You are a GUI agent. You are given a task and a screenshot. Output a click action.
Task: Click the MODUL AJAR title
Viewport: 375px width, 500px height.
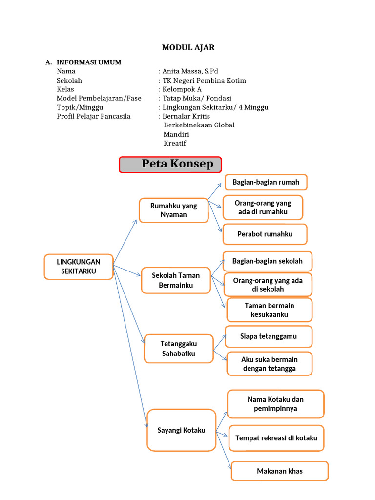[188, 47]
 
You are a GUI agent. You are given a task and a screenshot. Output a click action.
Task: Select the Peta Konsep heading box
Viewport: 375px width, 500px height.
[170, 165]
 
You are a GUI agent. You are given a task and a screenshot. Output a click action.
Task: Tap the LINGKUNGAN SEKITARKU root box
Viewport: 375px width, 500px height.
[79, 267]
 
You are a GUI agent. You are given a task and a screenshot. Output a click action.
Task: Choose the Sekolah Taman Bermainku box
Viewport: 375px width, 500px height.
[176, 280]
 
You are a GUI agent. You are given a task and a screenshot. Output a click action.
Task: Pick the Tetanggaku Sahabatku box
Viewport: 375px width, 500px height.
[179, 349]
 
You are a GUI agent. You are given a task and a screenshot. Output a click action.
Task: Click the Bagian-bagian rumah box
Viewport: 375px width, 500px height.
[266, 182]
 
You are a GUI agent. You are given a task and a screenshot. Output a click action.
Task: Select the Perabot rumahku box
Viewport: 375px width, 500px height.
[265, 234]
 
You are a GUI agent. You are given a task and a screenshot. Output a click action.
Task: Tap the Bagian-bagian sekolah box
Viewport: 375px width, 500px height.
[267, 261]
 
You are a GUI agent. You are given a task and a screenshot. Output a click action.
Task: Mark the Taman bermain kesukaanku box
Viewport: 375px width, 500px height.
[269, 310]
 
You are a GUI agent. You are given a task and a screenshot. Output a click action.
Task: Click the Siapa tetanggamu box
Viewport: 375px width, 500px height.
[269, 336]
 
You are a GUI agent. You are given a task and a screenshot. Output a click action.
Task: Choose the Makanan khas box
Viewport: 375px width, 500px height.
[279, 471]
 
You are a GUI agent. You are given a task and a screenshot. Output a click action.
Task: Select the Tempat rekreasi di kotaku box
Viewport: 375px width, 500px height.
[276, 438]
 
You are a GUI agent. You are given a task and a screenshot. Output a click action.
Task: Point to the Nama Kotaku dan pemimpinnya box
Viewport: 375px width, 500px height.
[275, 404]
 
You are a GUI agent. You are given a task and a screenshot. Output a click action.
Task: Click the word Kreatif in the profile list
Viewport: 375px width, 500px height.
[175, 143]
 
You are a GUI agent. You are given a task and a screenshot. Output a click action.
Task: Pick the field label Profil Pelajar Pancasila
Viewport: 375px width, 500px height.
[94, 116]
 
